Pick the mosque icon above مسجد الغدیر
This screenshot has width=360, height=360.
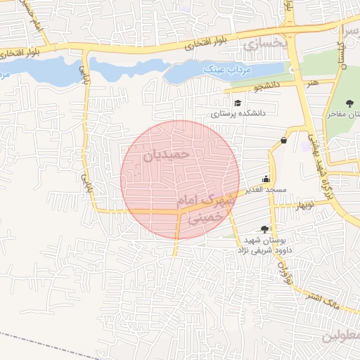pyautogui.click(x=266, y=179)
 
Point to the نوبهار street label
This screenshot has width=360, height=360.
pyautogui.click(x=304, y=205)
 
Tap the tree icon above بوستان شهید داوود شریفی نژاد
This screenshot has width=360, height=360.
pyautogui.click(x=264, y=229)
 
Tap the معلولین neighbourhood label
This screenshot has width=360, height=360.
pyautogui.click(x=341, y=336)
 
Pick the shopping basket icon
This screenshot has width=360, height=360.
pyautogui.click(x=283, y=139)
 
